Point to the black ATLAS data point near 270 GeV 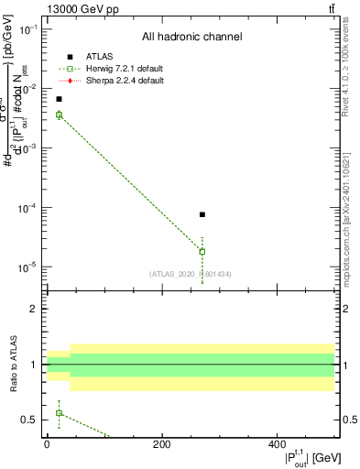tap(202, 214)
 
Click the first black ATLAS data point tap(59, 99)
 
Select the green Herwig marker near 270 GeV tap(202, 251)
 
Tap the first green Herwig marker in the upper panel tap(59, 115)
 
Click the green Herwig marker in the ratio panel tap(59, 413)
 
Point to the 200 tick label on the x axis tap(161, 444)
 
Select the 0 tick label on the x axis tap(47, 444)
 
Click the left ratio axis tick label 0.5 tap(30, 420)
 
